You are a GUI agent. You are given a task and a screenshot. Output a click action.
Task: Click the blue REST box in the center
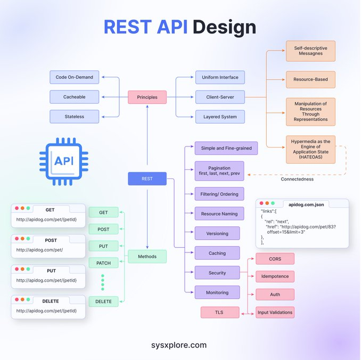147,179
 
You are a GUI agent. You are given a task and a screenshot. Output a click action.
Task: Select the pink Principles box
147,97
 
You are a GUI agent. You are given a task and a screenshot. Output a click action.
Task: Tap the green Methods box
147,256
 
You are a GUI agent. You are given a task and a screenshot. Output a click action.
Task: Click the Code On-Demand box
74,77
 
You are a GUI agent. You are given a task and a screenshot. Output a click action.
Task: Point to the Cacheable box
74,97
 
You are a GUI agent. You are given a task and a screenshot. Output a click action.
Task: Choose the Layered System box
220,117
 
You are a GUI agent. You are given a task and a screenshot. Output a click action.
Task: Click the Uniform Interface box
220,77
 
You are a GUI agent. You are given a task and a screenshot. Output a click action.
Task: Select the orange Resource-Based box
310,79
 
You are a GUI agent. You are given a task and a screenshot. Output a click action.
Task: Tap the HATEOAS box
310,149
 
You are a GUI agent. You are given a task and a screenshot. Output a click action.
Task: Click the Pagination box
220,170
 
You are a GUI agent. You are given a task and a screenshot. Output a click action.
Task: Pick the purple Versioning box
217,233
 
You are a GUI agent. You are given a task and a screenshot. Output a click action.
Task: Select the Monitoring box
217,292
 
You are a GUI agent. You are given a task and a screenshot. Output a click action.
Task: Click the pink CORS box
275,259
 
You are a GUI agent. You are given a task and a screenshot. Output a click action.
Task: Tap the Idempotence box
275,276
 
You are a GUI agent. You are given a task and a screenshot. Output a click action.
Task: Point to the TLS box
220,312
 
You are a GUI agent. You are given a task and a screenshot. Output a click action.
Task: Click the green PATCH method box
103,263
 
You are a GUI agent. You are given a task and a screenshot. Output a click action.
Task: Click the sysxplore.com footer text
179,345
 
